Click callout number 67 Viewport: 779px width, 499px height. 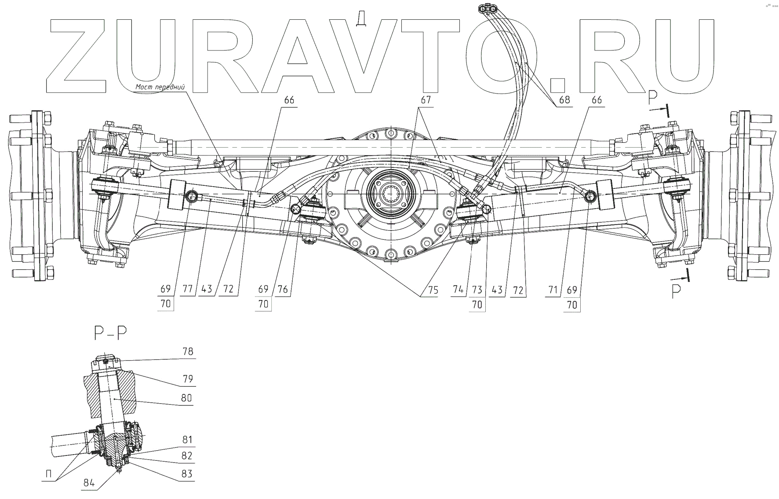426,101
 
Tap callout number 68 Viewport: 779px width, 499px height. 564,100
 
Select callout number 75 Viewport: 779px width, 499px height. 433,289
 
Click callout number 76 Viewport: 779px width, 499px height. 282,289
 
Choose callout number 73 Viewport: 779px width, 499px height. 477,289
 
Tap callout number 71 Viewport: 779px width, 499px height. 553,289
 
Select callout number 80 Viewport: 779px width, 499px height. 187,398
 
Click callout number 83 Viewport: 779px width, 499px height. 187,474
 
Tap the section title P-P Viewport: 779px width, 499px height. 110,334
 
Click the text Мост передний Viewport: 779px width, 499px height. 160,87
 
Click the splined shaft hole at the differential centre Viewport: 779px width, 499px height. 390,192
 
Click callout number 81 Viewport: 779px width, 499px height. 187,440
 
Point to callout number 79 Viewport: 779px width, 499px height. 187,379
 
